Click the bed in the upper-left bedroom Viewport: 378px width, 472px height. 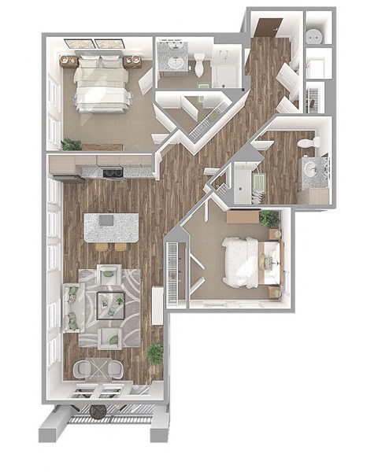click(102, 83)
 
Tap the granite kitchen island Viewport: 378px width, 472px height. click(112, 227)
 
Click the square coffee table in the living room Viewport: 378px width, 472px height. click(109, 304)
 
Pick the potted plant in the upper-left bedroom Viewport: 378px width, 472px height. click(72, 144)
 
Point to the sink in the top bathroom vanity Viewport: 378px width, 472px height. click(172, 62)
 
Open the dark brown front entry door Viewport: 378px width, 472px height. click(263, 27)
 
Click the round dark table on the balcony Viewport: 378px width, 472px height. click(98, 412)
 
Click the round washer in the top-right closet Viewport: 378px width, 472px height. click(315, 36)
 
